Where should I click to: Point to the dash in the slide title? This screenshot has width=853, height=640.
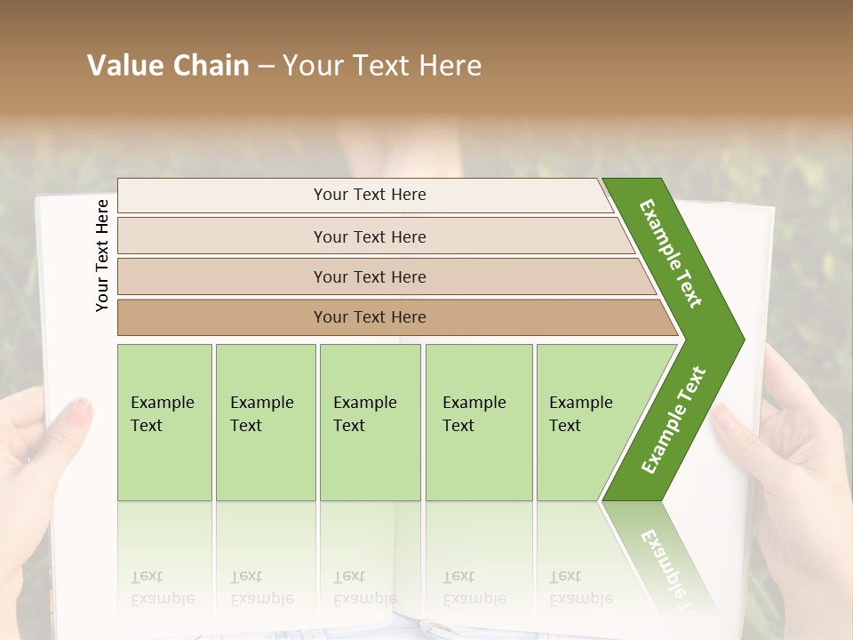(266, 67)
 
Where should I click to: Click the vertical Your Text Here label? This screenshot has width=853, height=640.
(102, 255)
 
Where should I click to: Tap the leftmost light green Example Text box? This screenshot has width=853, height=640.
(164, 422)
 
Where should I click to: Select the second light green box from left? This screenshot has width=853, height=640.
(266, 422)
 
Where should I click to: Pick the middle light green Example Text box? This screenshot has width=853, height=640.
(370, 422)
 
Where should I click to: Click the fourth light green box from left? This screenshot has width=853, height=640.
(479, 422)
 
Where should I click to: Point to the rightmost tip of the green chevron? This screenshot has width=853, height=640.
(742, 340)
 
